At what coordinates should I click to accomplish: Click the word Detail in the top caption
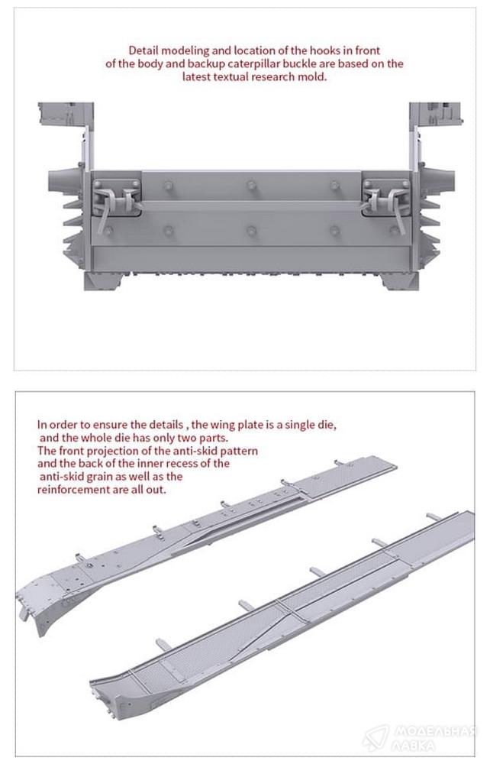pyautogui.click(x=143, y=50)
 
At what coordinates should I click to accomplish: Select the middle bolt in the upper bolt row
pyautogui.click(x=252, y=185)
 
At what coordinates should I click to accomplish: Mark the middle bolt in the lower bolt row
pyautogui.click(x=252, y=231)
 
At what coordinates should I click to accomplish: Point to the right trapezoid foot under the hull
pyautogui.click(x=399, y=281)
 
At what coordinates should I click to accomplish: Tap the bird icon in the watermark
pyautogui.click(x=376, y=737)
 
